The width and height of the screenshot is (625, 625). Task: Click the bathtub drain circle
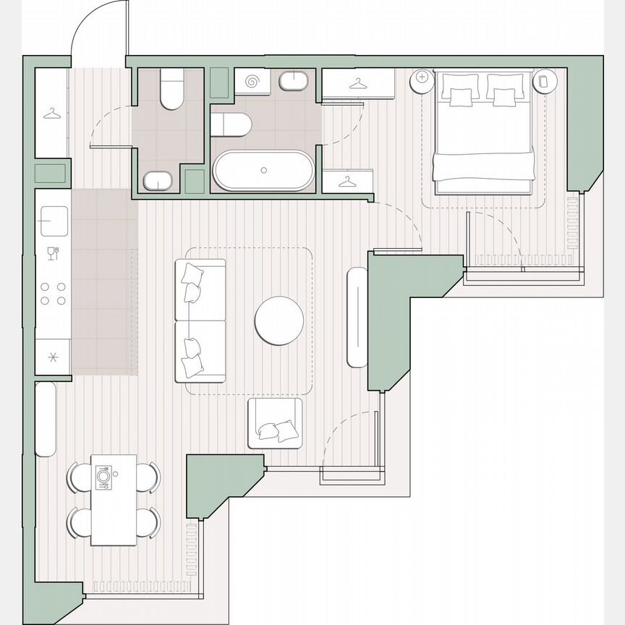[263, 170]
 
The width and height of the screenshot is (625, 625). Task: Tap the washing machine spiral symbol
[252, 82]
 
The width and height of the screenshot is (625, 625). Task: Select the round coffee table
[279, 321]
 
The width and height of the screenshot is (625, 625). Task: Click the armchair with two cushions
[275, 423]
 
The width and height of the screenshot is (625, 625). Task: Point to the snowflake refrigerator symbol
[52, 357]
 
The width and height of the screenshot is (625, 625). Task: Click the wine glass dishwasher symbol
[52, 252]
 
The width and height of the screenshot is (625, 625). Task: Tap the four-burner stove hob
[53, 293]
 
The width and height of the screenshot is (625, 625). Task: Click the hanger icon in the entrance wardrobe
[51, 114]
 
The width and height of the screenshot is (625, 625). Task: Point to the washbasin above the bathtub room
[292, 81]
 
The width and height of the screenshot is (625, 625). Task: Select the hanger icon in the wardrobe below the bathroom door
[348, 181]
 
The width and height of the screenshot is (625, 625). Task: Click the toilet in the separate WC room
[171, 90]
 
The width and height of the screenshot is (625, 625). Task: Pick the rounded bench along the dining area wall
[46, 420]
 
